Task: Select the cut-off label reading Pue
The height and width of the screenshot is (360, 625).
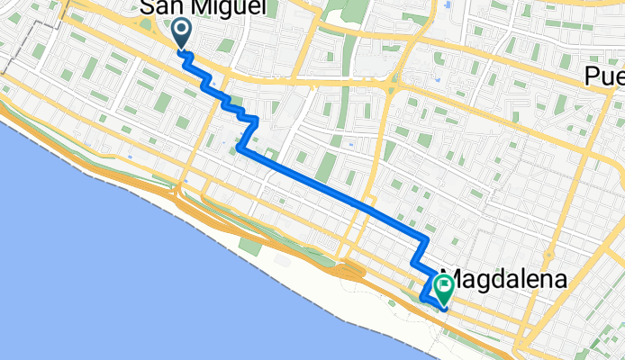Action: click(x=603, y=76)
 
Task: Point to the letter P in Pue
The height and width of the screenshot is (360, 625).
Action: click(x=592, y=76)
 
